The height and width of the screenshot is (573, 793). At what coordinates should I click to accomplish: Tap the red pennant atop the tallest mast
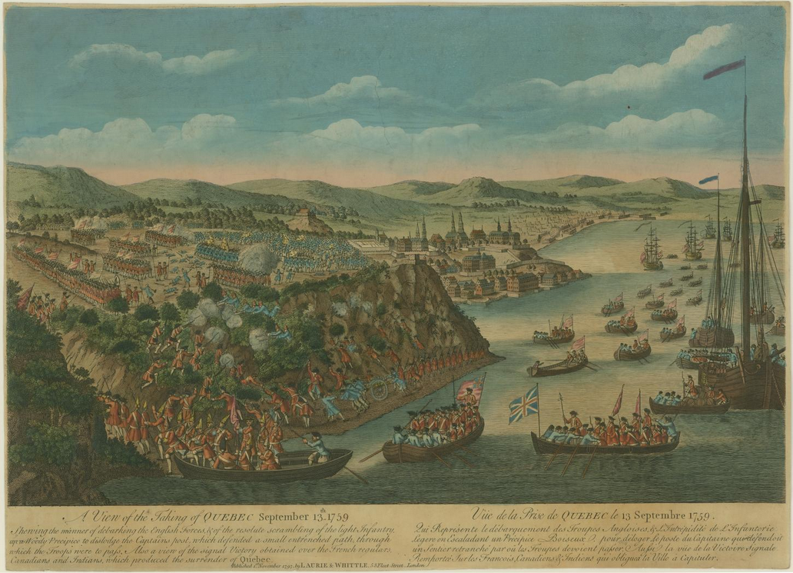[x=723, y=69]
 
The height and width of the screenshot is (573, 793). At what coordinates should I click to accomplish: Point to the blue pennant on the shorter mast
[x=708, y=180]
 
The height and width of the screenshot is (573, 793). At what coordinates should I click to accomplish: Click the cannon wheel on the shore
[x=379, y=391]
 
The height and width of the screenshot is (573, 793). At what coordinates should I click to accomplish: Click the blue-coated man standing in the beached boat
[x=315, y=448]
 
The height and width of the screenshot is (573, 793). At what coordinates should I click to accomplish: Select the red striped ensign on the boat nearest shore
[x=470, y=389]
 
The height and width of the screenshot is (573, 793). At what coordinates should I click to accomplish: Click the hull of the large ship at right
[x=738, y=385]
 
